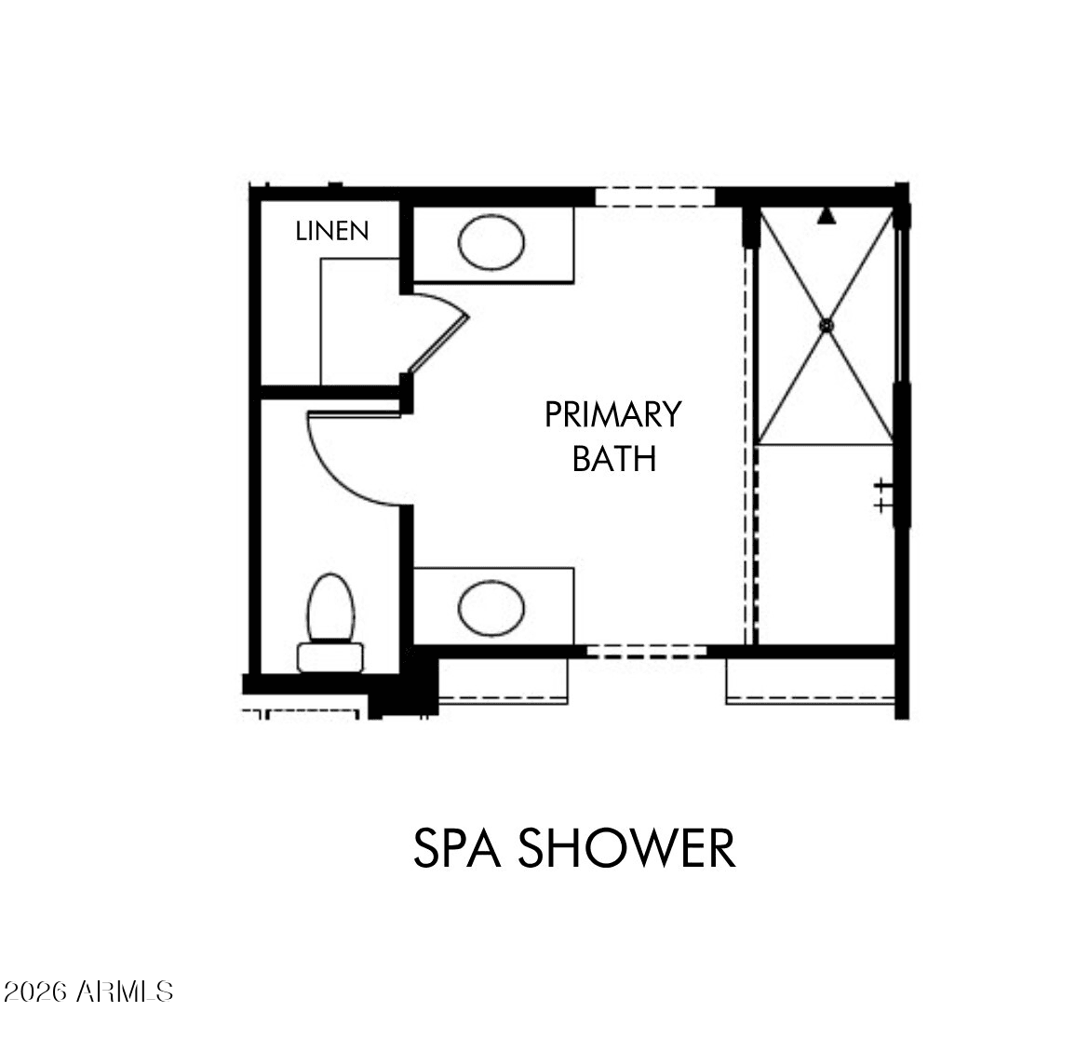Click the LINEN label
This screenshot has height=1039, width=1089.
[x=332, y=231]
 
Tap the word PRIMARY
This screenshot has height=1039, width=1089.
[x=612, y=414]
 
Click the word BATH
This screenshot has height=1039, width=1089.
[x=614, y=458]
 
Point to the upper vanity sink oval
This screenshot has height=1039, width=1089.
[x=491, y=242]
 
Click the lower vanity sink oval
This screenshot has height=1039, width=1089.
[x=491, y=608]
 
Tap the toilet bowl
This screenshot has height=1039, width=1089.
[x=330, y=607]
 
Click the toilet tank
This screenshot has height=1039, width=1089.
[x=329, y=657]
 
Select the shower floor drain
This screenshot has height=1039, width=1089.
[x=826, y=325]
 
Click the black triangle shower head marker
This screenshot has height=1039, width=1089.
[x=826, y=215]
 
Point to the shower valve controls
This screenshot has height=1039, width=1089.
[x=882, y=494]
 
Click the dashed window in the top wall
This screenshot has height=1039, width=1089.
[x=654, y=196]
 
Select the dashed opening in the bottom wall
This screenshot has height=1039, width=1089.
[x=647, y=651]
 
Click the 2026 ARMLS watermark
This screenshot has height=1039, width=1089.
[x=88, y=992]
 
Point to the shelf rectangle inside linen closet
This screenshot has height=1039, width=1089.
[x=359, y=321]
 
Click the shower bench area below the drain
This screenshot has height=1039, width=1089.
[x=825, y=545]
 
